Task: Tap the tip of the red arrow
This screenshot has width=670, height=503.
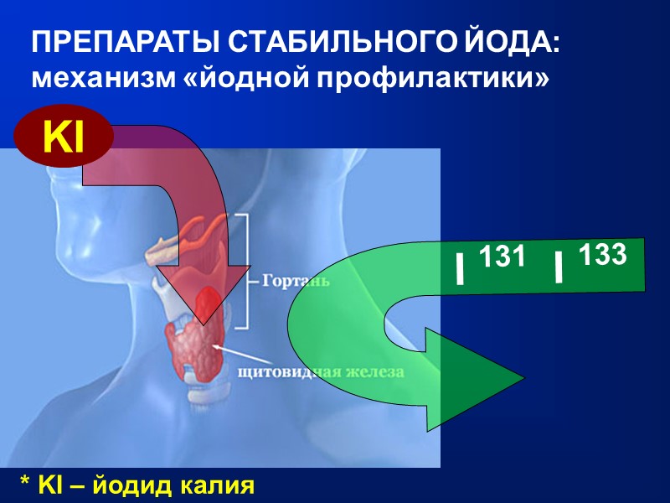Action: click(x=203, y=322)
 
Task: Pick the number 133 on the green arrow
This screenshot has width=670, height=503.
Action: click(x=602, y=254)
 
